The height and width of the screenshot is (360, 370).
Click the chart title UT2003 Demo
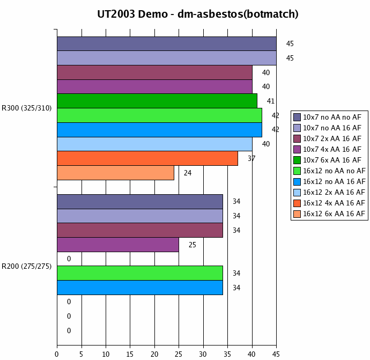pos(198,14)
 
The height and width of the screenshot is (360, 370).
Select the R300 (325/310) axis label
pos(27,108)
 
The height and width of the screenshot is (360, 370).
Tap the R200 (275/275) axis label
pos(27,266)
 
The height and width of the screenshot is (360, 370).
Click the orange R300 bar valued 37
pos(147,158)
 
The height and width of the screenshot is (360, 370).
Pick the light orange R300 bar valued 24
pos(115,173)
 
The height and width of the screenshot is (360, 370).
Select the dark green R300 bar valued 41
pos(157,101)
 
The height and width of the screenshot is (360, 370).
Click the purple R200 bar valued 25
pos(117,245)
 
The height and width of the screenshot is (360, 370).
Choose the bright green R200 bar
pos(139,273)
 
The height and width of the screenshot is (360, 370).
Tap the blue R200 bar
pos(139,288)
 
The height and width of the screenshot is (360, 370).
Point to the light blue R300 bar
pos(154,144)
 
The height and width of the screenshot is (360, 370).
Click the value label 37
pos(251,158)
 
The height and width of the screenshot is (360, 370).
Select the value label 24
pos(188,173)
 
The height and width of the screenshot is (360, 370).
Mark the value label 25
pos(193,245)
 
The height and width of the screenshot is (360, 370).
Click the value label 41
pos(271,101)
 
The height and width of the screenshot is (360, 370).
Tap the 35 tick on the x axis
pos(227,354)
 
